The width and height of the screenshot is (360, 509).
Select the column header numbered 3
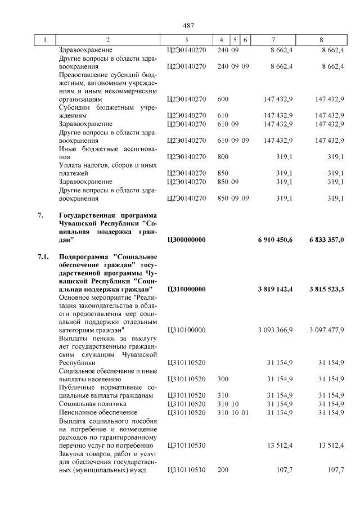click(186, 40)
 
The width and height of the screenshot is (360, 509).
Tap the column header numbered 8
click(321, 40)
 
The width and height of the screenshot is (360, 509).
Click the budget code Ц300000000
click(186, 240)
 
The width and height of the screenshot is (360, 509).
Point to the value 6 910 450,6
click(275, 240)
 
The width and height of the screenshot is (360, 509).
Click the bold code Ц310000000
click(186, 289)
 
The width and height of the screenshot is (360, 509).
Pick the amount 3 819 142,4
click(275, 289)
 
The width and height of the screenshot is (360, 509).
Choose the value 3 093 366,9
click(275, 330)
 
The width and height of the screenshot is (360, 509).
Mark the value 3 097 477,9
click(326, 330)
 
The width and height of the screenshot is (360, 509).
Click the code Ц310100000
click(186, 330)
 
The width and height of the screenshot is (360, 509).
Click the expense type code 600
click(223, 99)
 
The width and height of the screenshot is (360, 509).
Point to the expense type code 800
click(223, 157)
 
